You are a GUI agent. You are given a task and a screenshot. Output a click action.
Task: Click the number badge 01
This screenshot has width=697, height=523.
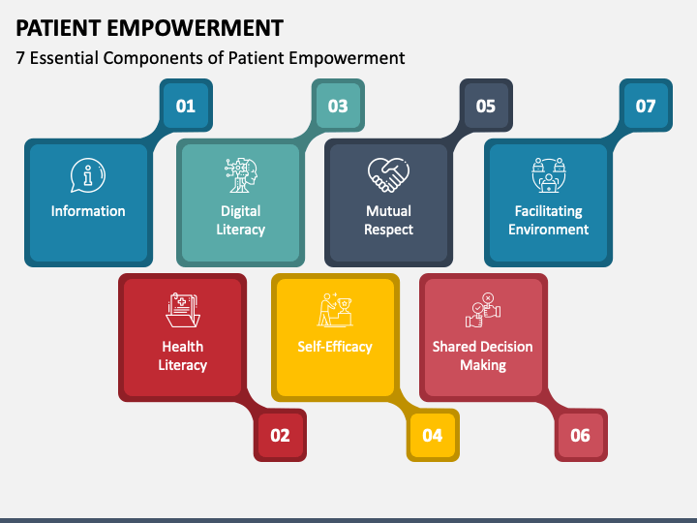point(185,106)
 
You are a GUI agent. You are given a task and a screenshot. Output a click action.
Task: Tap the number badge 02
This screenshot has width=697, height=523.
point(280,435)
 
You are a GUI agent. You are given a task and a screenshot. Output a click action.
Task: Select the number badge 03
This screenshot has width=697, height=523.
point(337,106)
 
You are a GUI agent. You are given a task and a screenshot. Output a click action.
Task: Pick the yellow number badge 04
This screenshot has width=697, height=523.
point(432,435)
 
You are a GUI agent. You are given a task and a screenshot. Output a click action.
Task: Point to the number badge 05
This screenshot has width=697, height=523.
point(486,106)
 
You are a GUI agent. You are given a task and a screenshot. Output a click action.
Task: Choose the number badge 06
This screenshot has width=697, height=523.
point(580,435)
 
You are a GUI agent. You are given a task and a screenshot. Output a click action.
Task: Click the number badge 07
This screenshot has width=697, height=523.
point(646,106)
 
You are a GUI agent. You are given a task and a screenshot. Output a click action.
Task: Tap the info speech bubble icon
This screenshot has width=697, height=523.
point(88,176)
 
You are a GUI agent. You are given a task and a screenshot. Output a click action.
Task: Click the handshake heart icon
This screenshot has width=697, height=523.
point(388,175)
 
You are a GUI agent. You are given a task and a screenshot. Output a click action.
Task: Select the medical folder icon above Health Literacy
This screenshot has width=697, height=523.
point(183,310)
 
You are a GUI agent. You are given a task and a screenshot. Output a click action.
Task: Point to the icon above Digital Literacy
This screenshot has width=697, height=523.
point(241,175)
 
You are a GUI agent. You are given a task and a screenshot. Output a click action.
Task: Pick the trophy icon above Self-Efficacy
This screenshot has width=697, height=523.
point(335,310)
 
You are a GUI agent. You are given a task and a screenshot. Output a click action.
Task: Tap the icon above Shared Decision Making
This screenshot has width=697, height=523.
point(483,310)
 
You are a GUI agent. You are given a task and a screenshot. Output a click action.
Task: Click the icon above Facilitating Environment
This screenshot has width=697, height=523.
point(549,175)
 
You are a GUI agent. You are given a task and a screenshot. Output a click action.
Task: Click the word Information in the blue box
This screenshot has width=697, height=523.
point(88,211)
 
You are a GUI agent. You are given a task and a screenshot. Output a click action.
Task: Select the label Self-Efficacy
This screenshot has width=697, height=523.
point(335,346)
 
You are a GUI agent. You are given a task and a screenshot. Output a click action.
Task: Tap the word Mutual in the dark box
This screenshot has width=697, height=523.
point(388,211)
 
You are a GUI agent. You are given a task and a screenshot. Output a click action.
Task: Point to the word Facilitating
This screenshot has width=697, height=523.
point(549,211)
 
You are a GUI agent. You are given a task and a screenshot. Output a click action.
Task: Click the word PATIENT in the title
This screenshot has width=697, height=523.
point(59,27)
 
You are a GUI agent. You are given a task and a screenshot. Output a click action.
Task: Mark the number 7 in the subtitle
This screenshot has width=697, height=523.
point(22,58)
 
